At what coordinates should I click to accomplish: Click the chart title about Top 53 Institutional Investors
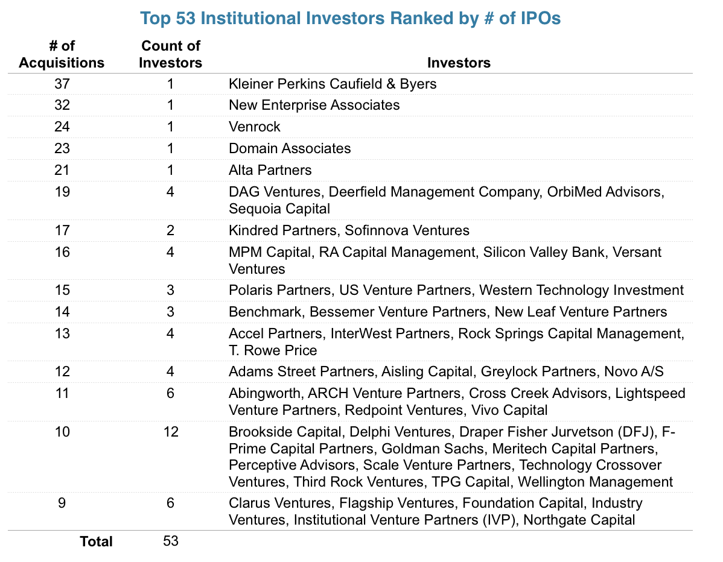point(350,18)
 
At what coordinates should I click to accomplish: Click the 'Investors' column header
point(459,63)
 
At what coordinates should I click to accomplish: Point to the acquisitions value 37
point(62,83)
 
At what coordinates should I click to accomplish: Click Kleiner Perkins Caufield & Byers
point(333,83)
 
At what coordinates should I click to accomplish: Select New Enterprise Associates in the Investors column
point(314,105)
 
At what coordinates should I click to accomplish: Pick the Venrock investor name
point(255,127)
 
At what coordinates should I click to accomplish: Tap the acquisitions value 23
point(62,148)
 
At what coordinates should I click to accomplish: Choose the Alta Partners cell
point(270,170)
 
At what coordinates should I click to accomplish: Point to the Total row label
point(96,541)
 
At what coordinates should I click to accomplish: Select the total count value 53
point(171,541)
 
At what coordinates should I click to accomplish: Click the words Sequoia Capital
point(279,209)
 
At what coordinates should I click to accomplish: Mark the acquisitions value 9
point(62,503)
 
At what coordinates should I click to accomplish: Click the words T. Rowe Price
point(273,350)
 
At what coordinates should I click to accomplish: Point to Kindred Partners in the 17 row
point(279,230)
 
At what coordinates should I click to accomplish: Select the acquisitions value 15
point(62,290)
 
